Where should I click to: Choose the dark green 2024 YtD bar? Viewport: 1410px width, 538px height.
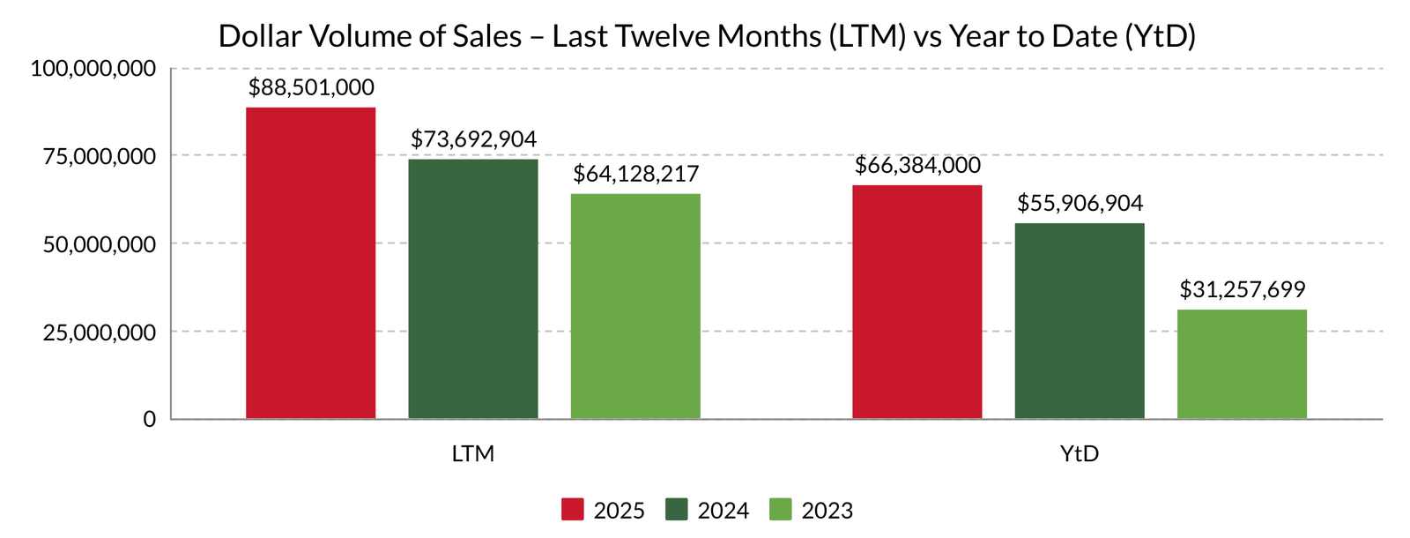tap(1080, 321)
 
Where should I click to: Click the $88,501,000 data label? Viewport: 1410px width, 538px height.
tap(311, 88)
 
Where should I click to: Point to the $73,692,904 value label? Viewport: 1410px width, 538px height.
tap(473, 139)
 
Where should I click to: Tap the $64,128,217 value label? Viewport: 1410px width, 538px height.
tap(635, 174)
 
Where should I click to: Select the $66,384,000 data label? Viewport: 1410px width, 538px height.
tap(917, 166)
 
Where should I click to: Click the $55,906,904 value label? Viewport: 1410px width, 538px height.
tap(1080, 204)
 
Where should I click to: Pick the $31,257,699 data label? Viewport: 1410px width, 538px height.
tap(1242, 289)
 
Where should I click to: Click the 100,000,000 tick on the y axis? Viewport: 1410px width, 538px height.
tap(93, 69)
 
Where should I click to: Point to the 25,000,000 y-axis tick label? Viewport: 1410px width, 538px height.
tap(100, 333)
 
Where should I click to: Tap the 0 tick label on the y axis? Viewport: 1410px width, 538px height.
tap(150, 420)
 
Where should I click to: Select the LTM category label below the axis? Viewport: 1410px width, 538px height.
tap(473, 454)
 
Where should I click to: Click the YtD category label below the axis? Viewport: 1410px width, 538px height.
tap(1080, 454)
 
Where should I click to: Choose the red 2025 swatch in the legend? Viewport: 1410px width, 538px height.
tap(573, 510)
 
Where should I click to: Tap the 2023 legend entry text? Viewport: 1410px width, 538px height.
tap(827, 511)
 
